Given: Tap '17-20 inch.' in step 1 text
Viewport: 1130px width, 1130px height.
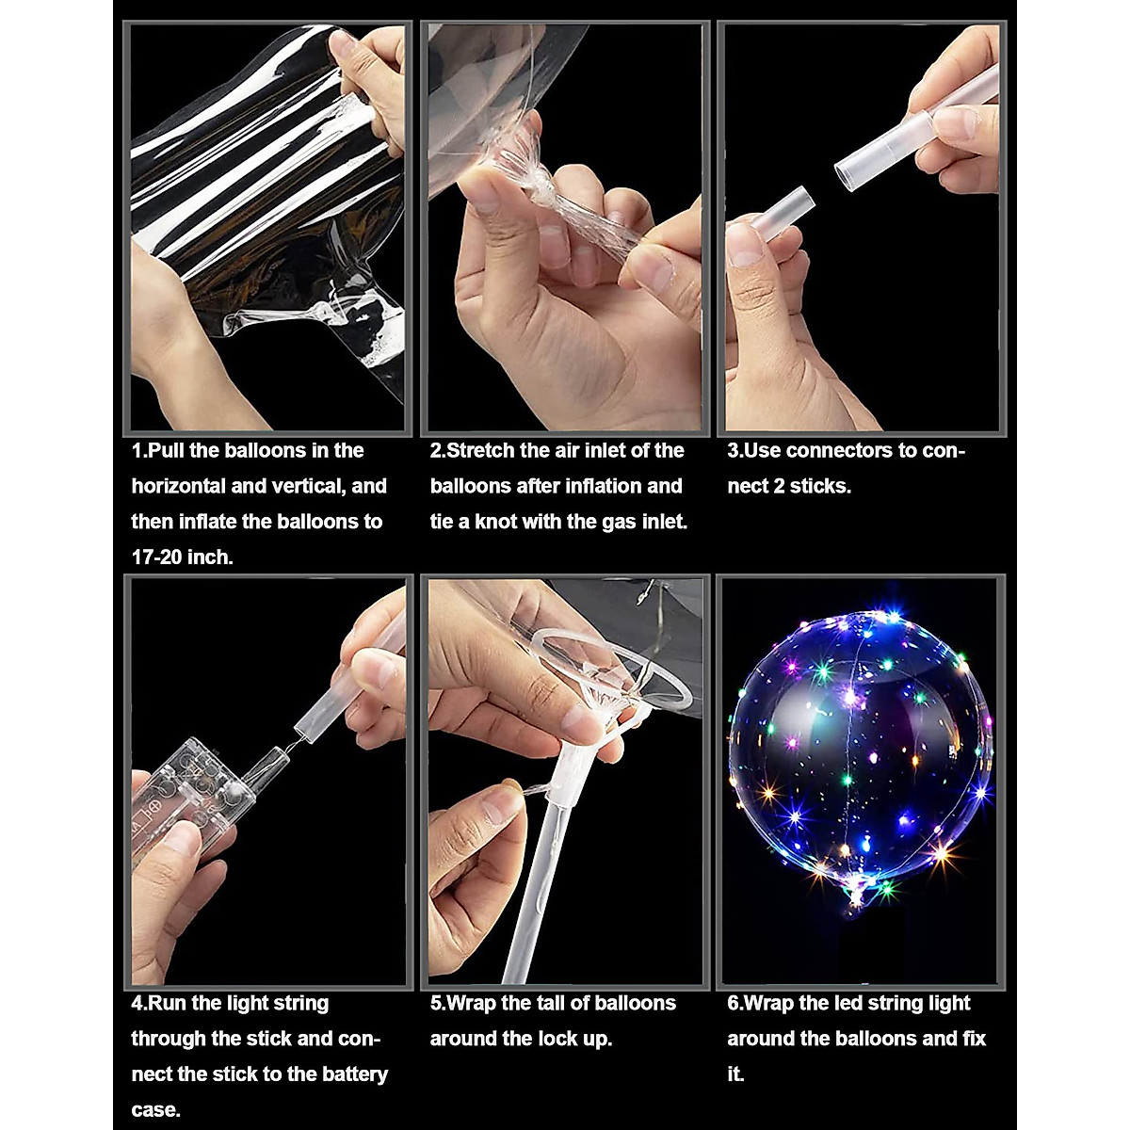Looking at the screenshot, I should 182,557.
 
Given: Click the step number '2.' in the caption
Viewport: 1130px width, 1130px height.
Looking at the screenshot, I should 438,450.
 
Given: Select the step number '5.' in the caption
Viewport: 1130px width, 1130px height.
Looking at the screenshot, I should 438,1003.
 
